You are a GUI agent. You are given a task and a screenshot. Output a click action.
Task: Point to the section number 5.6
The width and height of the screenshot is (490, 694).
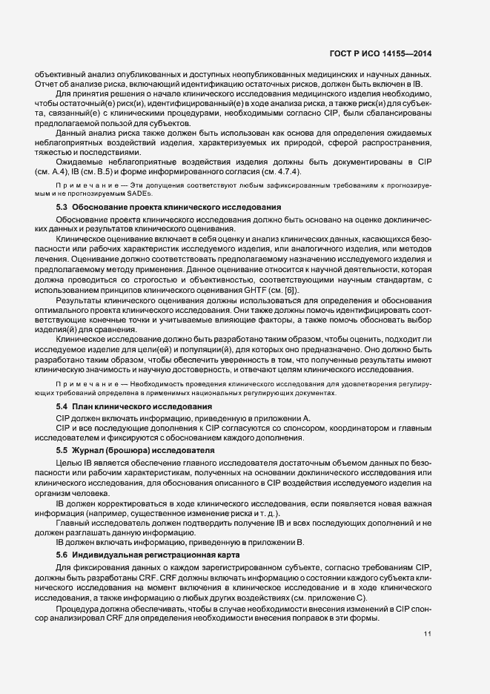[62, 555]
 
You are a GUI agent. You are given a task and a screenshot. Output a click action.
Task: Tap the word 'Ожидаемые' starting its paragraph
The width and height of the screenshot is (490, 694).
[79, 161]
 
